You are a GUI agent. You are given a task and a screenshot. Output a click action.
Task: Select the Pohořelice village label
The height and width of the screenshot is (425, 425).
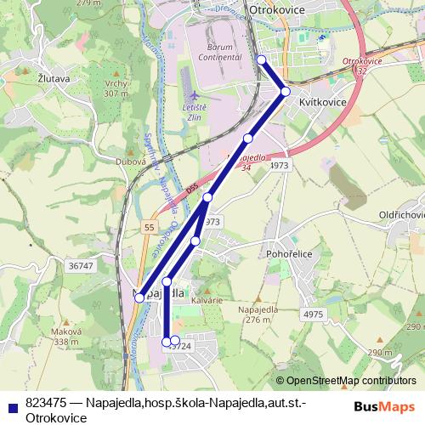point(292,253)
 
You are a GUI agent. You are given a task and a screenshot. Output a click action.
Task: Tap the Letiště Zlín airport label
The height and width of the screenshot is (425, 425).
point(197,113)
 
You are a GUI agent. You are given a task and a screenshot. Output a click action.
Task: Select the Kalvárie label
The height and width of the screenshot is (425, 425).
point(206,301)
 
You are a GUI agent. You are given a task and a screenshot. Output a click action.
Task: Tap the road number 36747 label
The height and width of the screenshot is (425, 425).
point(80,266)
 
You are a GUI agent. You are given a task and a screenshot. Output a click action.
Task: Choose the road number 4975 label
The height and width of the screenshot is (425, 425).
point(313,314)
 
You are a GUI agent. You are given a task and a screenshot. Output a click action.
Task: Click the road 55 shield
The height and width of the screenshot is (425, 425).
point(150,228)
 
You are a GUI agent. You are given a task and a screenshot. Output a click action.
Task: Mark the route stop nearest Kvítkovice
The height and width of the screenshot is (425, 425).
point(286,91)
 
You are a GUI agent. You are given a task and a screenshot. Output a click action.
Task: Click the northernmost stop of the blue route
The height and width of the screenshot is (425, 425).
point(261,59)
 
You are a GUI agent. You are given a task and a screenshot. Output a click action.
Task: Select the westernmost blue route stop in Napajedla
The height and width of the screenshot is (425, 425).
point(139,297)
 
